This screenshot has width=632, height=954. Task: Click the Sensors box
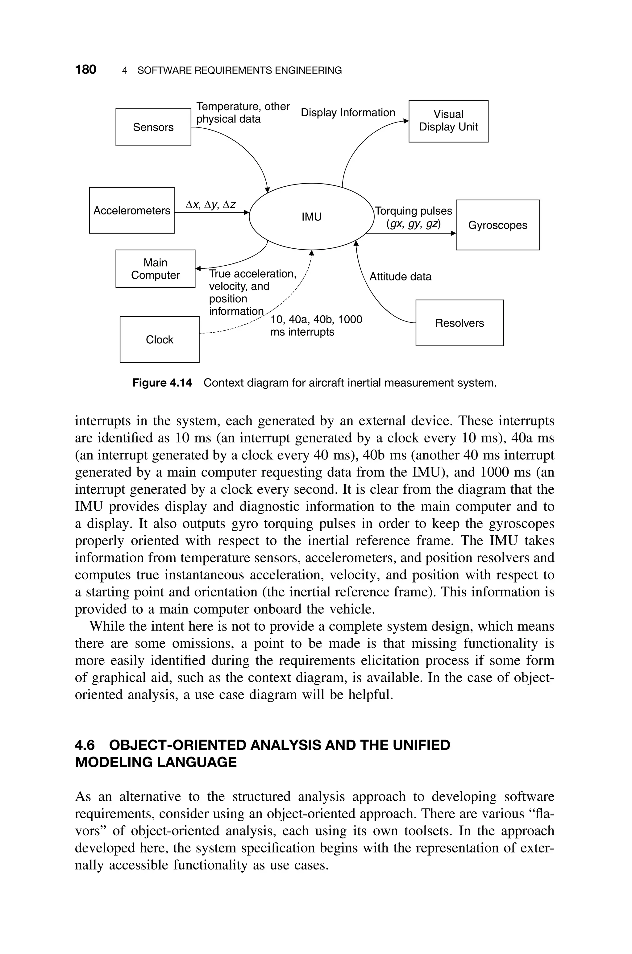153,127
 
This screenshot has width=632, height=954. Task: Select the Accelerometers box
132,210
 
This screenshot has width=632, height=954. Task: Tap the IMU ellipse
312,217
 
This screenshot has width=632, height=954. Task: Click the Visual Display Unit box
448,121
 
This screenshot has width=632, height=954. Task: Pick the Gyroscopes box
497,225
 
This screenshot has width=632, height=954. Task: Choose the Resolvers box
459,323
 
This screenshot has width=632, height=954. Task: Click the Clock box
160,339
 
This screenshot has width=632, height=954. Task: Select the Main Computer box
155,269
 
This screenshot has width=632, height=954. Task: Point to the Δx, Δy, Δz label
211,205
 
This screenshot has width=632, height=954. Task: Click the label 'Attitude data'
400,277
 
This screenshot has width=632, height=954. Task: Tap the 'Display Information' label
348,113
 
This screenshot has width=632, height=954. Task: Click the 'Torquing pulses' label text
414,211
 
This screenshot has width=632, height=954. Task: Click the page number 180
85,70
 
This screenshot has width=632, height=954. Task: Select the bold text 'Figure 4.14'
162,383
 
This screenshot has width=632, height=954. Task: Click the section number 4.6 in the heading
85,745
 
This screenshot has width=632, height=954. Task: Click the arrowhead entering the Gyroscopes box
453,233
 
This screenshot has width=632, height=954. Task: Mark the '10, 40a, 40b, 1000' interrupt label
316,319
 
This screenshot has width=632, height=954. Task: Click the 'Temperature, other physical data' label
243,113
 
